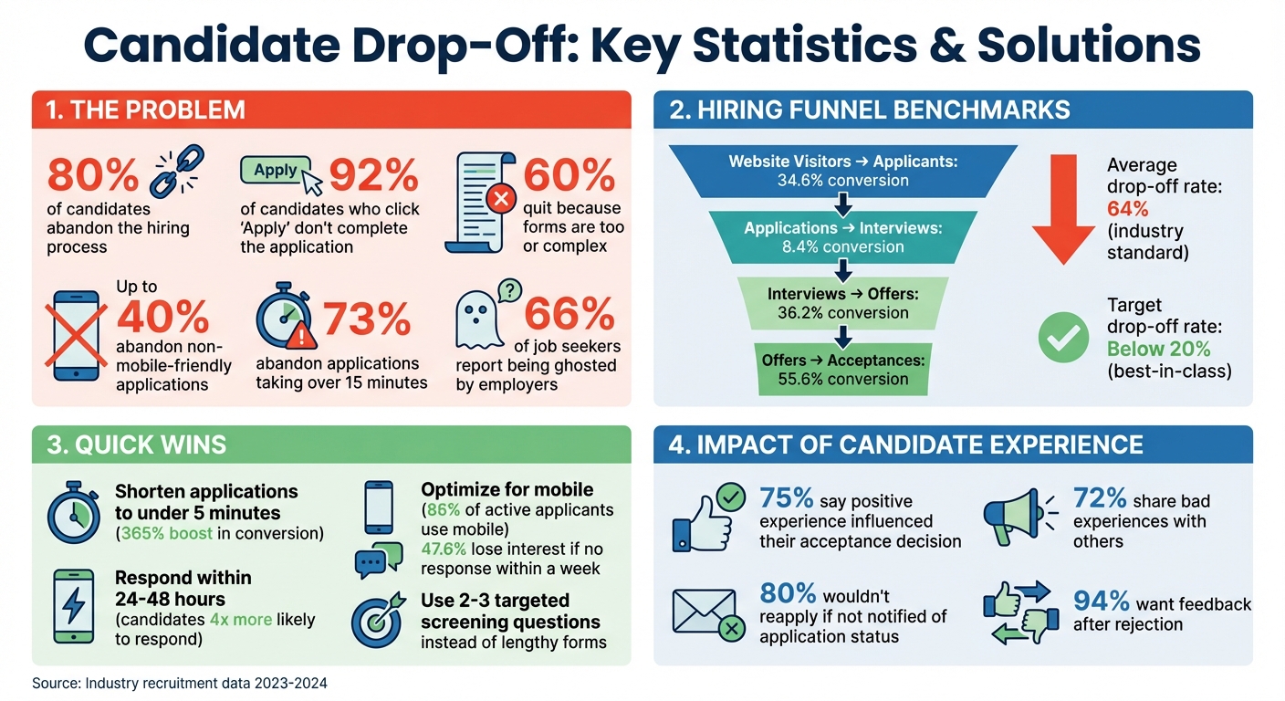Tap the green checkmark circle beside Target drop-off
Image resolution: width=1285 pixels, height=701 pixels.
[1063, 338]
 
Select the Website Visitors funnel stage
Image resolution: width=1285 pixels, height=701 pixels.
[842, 171]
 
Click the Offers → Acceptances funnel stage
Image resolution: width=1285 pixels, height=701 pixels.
[842, 370]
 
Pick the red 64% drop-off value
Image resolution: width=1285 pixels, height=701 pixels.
[1128, 208]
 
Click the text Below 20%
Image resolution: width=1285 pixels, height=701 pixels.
[1158, 349]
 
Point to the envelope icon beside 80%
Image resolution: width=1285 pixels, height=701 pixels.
[704, 611]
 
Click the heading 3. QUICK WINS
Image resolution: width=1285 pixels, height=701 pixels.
[136, 445]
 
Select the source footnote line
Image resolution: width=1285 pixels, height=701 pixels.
[179, 683]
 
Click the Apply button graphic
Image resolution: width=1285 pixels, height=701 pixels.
[277, 171]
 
